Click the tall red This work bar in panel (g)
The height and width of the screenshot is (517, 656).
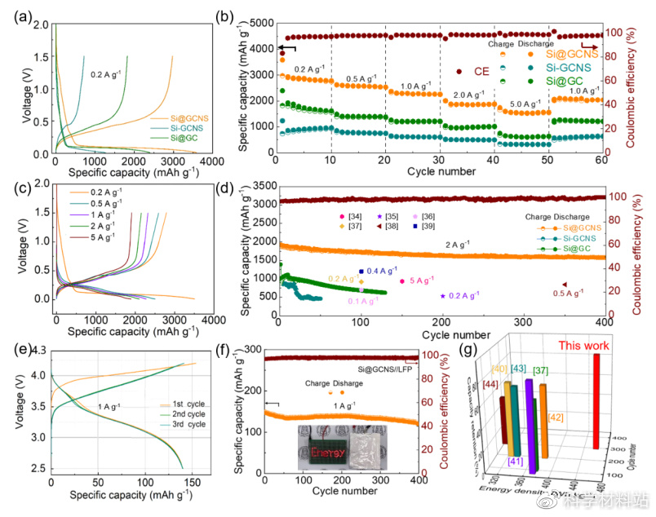tap(600, 400)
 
